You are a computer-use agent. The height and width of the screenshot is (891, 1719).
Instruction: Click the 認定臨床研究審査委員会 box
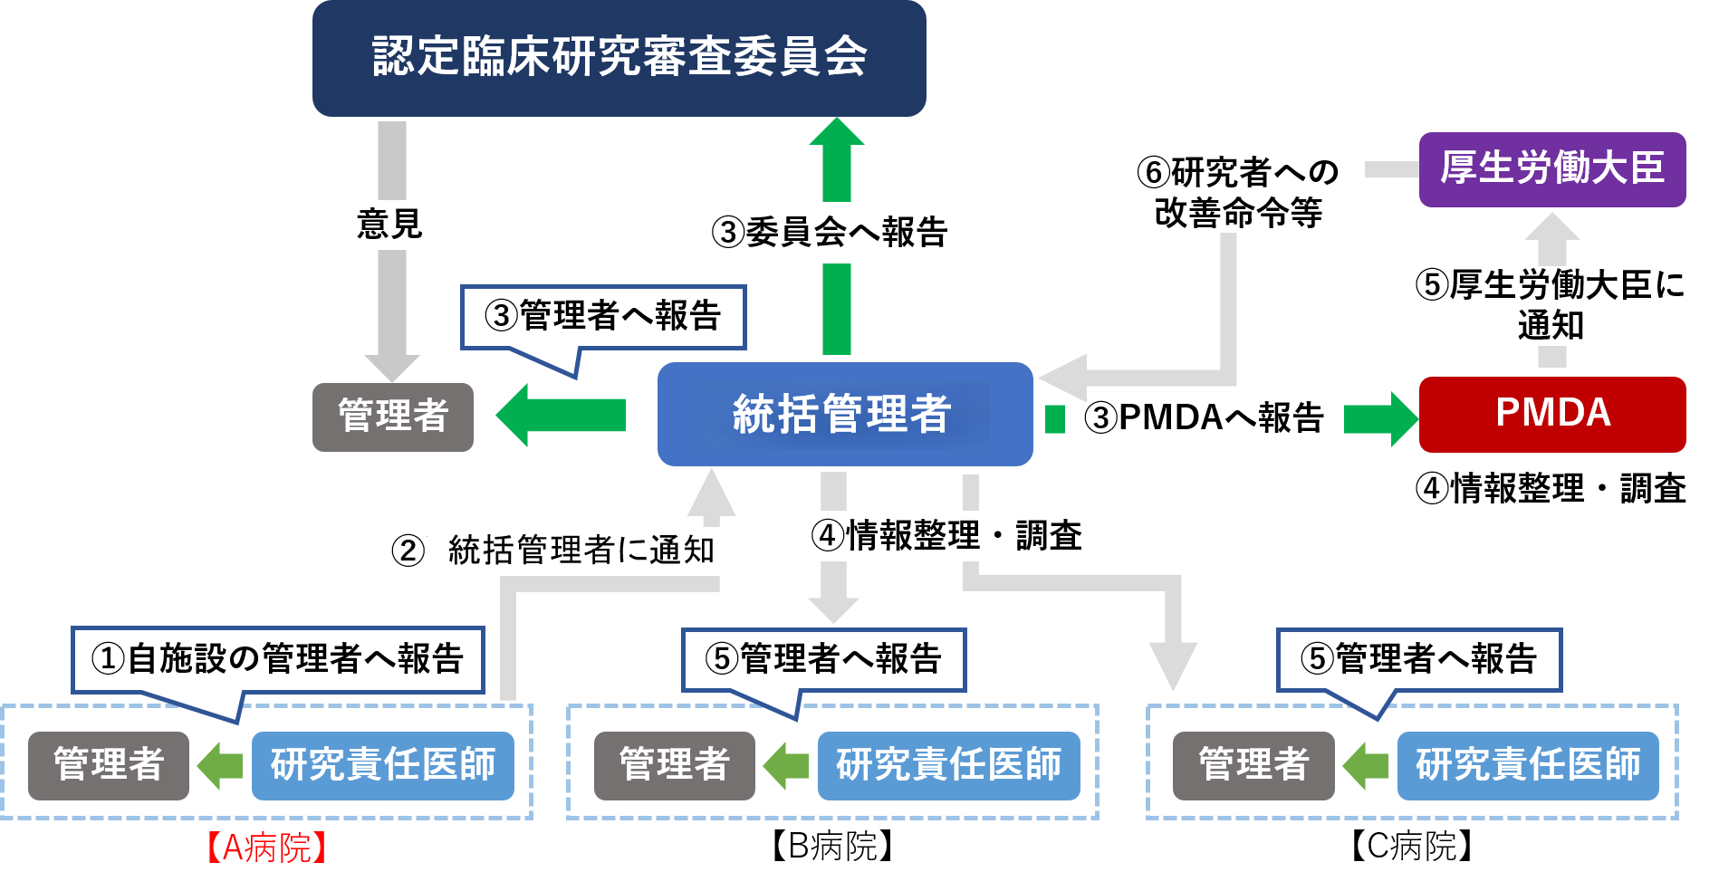[x=619, y=58]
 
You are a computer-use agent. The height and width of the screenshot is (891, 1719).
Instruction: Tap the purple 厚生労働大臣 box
[x=1551, y=169]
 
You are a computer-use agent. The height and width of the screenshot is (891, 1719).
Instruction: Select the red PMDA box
[x=1551, y=414]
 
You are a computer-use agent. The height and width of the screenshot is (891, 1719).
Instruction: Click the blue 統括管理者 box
[x=844, y=414]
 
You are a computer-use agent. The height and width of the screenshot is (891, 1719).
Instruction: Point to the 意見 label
[x=389, y=225]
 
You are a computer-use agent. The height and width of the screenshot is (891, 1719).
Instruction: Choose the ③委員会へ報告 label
[x=829, y=233]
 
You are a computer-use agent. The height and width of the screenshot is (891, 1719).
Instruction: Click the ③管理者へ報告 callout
[x=602, y=317]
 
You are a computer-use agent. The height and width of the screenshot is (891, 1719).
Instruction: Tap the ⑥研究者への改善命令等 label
[x=1237, y=193]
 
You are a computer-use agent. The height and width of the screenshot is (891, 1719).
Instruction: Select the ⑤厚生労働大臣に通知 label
[x=1550, y=305]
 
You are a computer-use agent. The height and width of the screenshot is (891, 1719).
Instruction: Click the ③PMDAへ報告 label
[x=1204, y=418]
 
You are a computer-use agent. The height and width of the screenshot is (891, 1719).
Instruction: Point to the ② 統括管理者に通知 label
[x=560, y=551]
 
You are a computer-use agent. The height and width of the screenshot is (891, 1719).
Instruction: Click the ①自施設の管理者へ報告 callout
[x=277, y=659]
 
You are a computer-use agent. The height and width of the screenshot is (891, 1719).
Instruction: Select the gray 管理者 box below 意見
[x=392, y=417]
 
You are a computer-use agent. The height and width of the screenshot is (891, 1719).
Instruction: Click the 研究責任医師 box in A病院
[x=382, y=765]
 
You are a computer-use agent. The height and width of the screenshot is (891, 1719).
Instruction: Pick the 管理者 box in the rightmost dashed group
[x=1253, y=765]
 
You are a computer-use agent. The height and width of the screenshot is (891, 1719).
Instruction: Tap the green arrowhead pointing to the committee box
[x=836, y=132]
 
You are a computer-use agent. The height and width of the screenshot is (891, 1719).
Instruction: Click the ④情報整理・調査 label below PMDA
[x=1550, y=490]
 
